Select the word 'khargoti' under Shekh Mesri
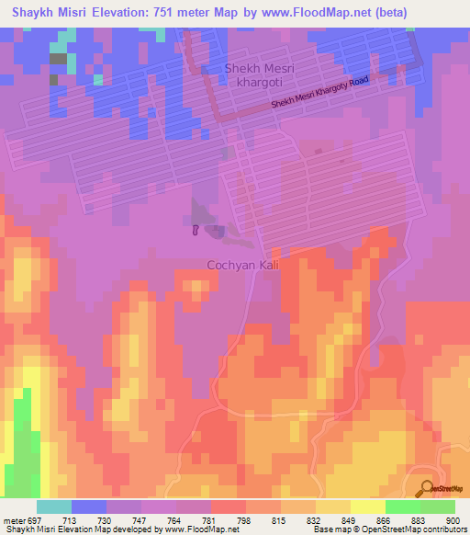click(262, 84)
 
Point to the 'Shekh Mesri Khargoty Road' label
click(319, 95)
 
